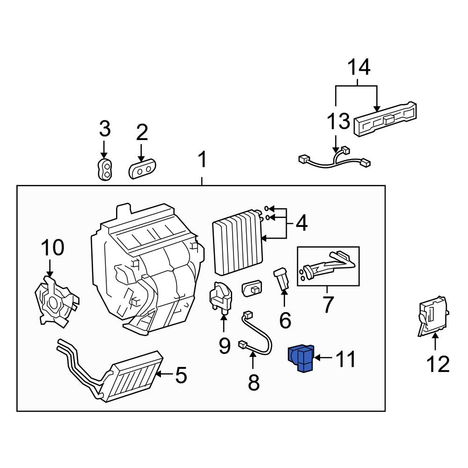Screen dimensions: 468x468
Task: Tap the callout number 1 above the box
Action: [x=202, y=161]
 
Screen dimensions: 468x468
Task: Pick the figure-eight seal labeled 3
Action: [x=105, y=169]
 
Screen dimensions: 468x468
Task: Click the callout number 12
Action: [x=438, y=364]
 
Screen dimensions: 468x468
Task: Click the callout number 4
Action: [x=301, y=224]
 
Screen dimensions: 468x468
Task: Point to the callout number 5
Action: [x=180, y=375]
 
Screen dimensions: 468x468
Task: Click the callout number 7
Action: [x=328, y=305]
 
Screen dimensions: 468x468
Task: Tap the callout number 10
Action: [x=52, y=248]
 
